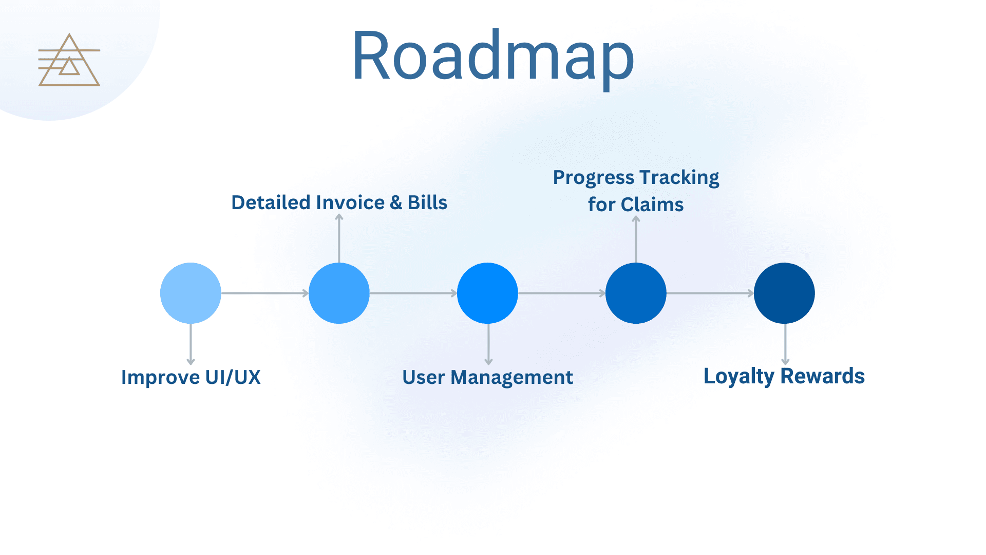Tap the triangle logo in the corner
pos(69,61)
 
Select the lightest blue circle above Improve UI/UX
pos(191,293)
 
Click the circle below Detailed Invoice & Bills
pos(339,293)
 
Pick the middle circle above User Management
pos(487,293)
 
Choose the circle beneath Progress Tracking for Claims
pos(636,293)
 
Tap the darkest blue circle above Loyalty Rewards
pos(784,293)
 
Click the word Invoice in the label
pos(350,202)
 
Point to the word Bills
pos(427,202)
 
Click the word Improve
pos(160,377)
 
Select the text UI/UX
pos(233,377)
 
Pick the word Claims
pos(652,205)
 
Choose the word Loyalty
pos(738,376)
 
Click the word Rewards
pos(823,376)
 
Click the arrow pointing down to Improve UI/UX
pos(191,344)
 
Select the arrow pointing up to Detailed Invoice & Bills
pos(339,239)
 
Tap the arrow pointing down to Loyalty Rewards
pos(785,344)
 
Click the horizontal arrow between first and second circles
pos(264,293)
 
